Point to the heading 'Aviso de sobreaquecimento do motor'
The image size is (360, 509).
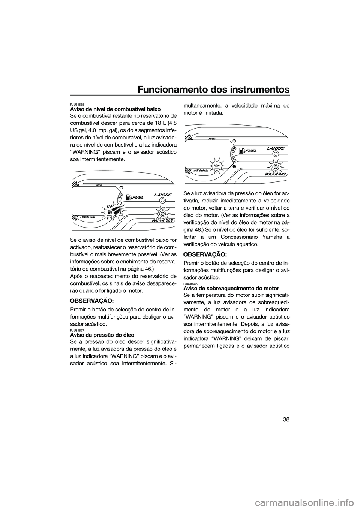pyautogui.click(x=231, y=288)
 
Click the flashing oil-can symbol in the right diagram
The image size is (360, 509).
pyautogui.click(x=217, y=165)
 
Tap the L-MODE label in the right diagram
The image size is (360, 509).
pyautogui.click(x=276, y=148)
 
